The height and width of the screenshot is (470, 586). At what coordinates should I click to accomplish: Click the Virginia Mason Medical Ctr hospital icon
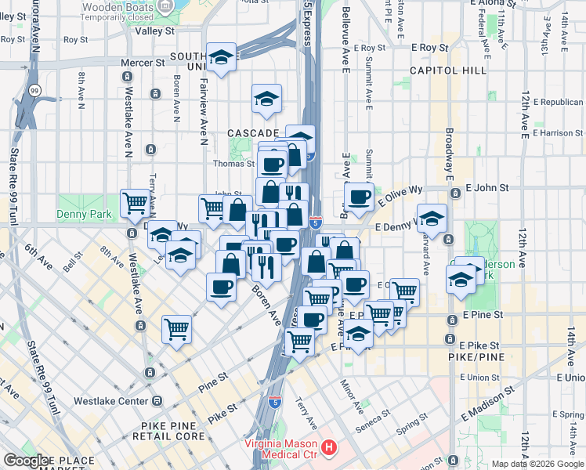point(329,449)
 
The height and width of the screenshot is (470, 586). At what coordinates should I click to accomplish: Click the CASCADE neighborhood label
point(252,133)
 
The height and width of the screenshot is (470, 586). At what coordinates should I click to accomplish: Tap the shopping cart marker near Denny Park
point(136,203)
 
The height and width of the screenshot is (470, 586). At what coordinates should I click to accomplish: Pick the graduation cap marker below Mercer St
point(222,56)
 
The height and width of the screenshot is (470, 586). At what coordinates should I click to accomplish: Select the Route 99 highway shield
point(34,91)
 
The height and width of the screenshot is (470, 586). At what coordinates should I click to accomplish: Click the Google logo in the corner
point(26,461)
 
